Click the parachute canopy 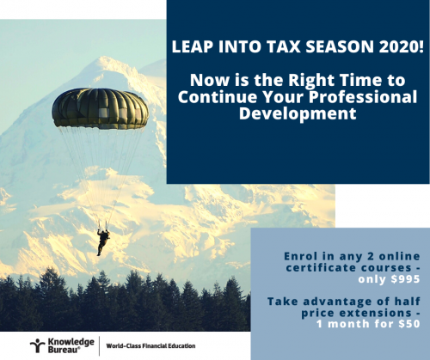101,108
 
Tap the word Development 298,113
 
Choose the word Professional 363,96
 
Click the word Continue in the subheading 218,96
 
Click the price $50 409,324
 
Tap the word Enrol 301,256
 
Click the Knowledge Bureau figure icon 37,345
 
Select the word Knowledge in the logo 71,342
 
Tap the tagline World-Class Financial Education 150,346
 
